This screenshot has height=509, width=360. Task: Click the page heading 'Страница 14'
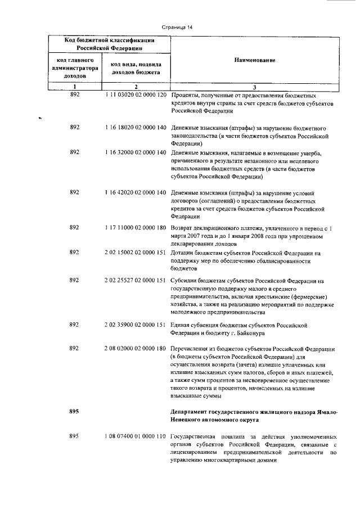177,26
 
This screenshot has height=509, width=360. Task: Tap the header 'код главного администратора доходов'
75,67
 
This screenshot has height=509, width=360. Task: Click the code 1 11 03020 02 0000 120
136,95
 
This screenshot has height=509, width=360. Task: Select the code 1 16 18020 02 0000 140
136,128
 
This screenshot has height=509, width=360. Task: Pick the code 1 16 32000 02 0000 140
136,152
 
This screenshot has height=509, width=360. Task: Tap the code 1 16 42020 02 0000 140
136,192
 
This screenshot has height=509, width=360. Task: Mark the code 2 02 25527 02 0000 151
136,280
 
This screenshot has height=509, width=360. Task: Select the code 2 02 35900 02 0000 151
136,325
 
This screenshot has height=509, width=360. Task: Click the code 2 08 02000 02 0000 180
136,349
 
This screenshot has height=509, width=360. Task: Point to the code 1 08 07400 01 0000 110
136,436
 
